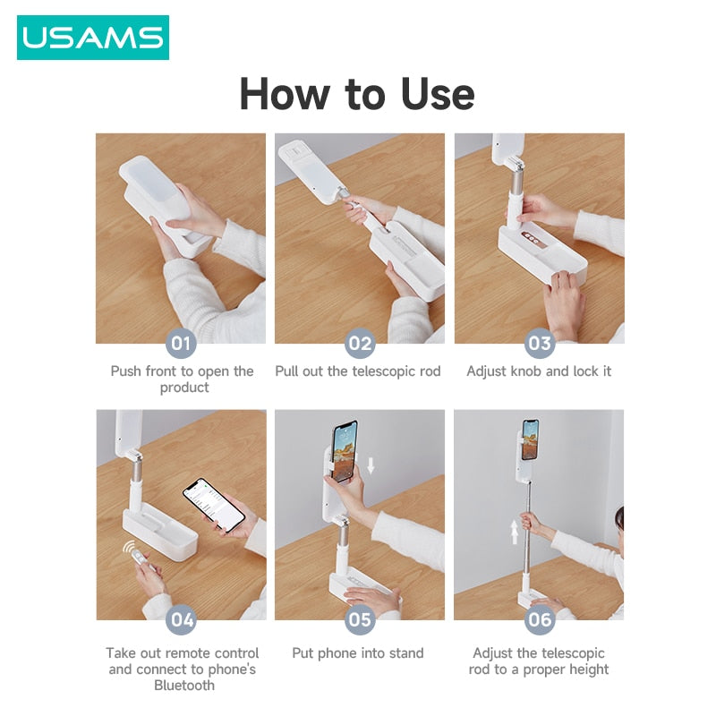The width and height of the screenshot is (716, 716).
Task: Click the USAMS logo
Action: click(93, 38)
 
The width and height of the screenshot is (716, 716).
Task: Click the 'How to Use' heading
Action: click(357, 93)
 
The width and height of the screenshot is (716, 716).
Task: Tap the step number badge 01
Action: click(182, 344)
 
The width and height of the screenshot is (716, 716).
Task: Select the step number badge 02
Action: click(360, 344)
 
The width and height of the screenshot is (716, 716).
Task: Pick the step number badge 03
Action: click(540, 344)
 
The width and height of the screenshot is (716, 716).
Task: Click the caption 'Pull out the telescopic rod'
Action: click(358, 371)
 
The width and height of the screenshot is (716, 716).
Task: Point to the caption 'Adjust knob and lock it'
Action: click(539, 371)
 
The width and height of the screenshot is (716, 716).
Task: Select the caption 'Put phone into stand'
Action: click(358, 653)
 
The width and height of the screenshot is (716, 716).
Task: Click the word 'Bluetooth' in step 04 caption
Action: click(184, 686)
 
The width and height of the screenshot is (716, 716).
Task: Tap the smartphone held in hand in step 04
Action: click(214, 505)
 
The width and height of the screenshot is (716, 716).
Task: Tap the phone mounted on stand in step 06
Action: click(531, 440)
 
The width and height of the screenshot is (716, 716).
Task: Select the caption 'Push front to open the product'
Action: click(183, 379)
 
